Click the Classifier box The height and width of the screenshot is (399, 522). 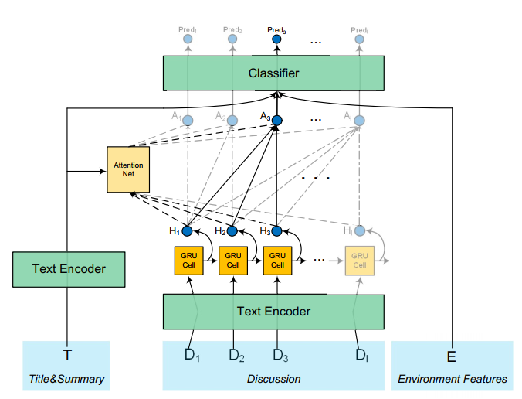click(273, 73)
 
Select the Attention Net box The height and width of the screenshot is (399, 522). click(128, 169)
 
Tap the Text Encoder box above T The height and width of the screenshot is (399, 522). click(69, 269)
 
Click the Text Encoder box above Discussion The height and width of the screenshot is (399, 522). click(273, 312)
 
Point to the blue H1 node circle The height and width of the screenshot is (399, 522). click(187, 230)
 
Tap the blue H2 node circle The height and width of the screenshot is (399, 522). click(232, 230)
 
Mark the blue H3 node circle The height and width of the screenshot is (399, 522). click(277, 230)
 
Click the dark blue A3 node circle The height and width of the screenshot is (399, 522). click(277, 121)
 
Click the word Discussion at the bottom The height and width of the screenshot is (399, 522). click(273, 379)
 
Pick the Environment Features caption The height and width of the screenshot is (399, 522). click(453, 379)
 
